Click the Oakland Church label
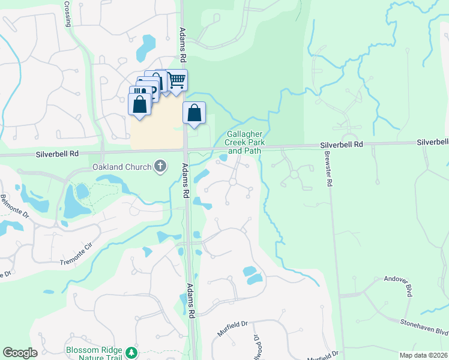(x=122, y=166)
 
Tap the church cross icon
(x=160, y=166)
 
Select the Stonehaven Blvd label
(x=424, y=327)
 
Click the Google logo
(x=20, y=353)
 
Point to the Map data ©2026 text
(x=424, y=355)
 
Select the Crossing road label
(x=68, y=13)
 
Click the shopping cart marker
(x=176, y=80)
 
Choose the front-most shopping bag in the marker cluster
(x=140, y=104)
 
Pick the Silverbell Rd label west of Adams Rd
(x=64, y=154)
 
